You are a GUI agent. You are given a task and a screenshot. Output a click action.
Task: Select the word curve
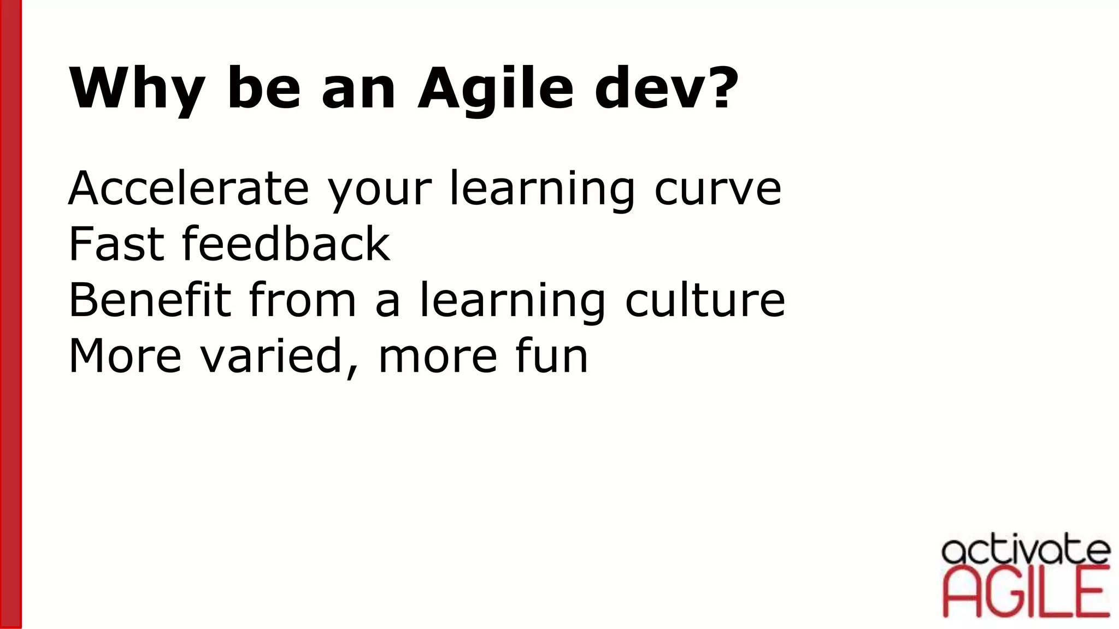[x=718, y=189]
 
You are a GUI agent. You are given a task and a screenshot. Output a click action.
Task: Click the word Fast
[x=116, y=244]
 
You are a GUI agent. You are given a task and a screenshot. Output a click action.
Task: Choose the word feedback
[x=286, y=244]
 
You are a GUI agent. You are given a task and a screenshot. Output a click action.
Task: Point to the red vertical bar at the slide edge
[x=10, y=314]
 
